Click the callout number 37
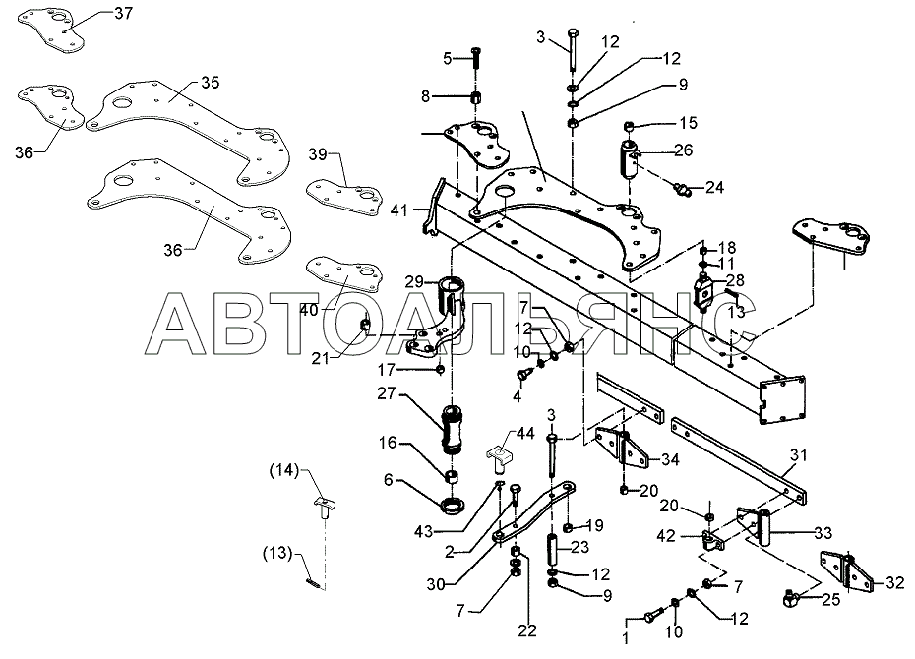click(x=123, y=13)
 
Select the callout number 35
click(x=211, y=83)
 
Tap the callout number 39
click(x=318, y=154)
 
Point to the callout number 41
click(x=399, y=210)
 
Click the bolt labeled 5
click(x=474, y=58)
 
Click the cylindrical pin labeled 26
click(x=629, y=158)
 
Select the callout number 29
click(x=414, y=283)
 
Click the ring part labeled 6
click(x=453, y=506)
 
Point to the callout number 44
click(x=525, y=434)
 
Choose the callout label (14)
click(x=283, y=469)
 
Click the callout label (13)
click(x=277, y=552)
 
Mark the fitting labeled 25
click(x=791, y=598)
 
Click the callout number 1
click(x=626, y=638)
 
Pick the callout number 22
click(x=527, y=630)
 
